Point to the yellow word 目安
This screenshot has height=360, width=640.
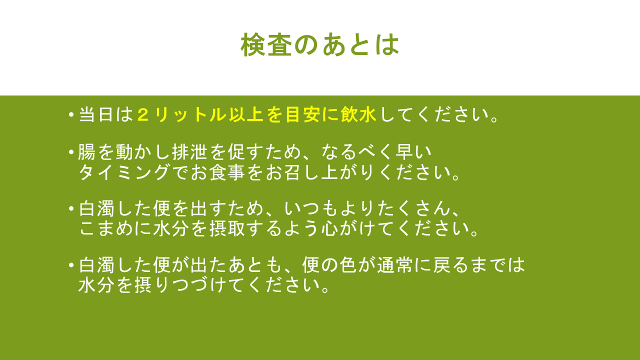coord(303,115)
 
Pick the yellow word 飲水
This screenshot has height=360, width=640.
coord(358,115)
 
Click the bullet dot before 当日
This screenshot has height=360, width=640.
coord(71,115)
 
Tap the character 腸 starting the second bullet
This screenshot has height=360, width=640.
coord(86,151)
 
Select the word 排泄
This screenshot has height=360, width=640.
coord(189,151)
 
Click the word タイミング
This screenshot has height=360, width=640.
coord(124,172)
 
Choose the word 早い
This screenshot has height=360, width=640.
coord(413,151)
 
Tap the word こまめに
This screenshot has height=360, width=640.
coord(114,228)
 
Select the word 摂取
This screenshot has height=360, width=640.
coord(227,228)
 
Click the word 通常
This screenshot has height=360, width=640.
coord(395,265)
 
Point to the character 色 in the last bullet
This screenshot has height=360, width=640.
coord(348,265)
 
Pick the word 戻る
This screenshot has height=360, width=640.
coord(450,265)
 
